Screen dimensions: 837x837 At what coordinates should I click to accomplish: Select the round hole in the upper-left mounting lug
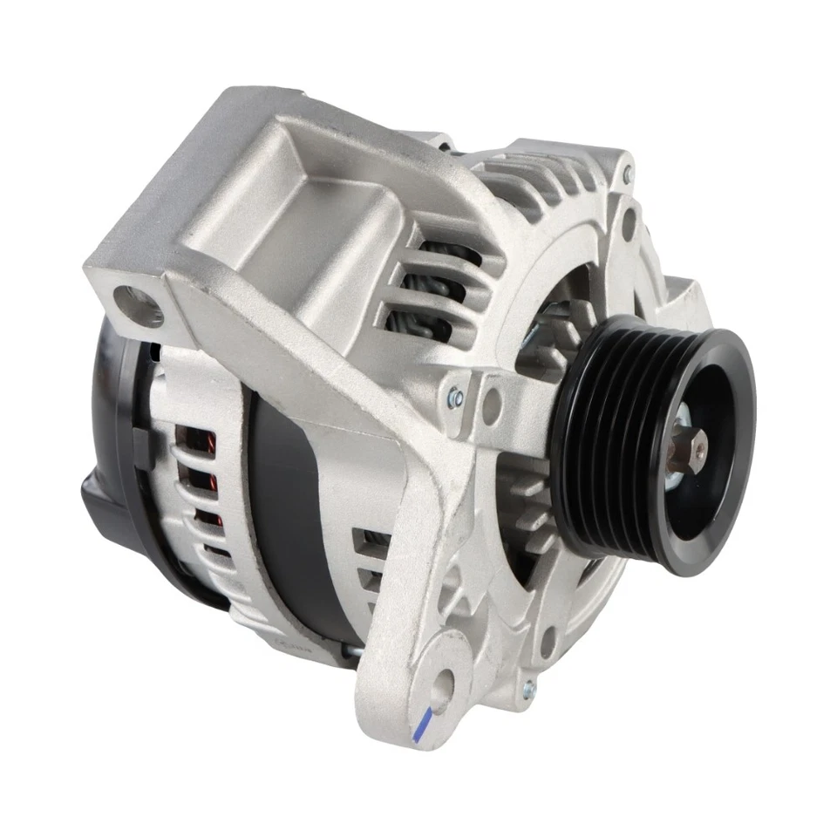(x=143, y=303)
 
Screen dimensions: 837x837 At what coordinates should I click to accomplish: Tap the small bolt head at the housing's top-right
(x=627, y=177)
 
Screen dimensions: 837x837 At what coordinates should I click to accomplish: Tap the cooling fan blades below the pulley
(x=527, y=514)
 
